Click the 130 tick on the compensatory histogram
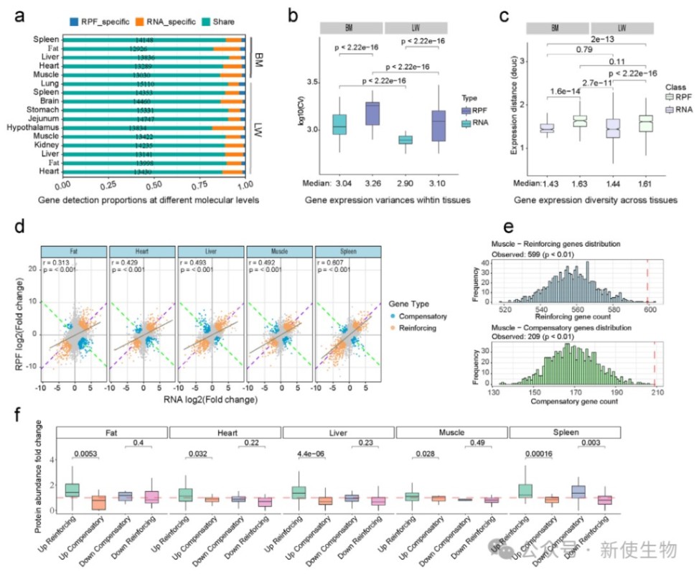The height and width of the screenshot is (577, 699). [494, 393]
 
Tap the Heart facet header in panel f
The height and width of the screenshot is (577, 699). [225, 433]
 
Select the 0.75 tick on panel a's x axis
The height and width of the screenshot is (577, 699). [184, 184]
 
